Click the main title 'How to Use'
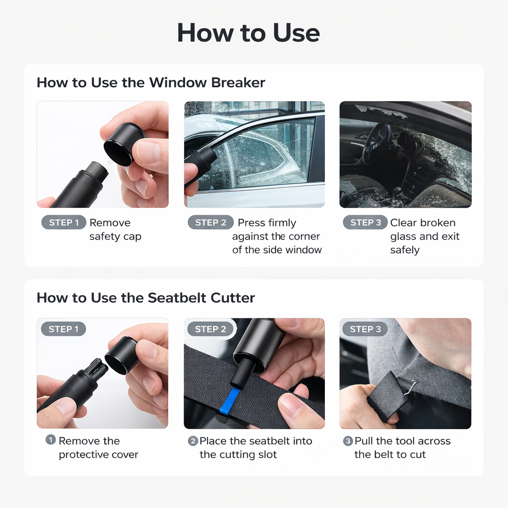[248, 33]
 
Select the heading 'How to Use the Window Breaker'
[151, 82]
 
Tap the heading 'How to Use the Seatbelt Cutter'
[145, 298]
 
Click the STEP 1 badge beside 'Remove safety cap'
[63, 223]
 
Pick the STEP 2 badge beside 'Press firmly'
[210, 223]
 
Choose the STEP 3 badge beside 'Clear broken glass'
[365, 223]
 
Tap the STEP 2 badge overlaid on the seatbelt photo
[210, 329]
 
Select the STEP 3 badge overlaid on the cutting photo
[365, 329]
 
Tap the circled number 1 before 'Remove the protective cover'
[51, 440]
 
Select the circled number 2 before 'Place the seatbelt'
[193, 441]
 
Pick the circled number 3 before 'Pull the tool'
[348, 441]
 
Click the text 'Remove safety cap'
[115, 230]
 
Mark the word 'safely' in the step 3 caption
[405, 250]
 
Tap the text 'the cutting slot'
[238, 454]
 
